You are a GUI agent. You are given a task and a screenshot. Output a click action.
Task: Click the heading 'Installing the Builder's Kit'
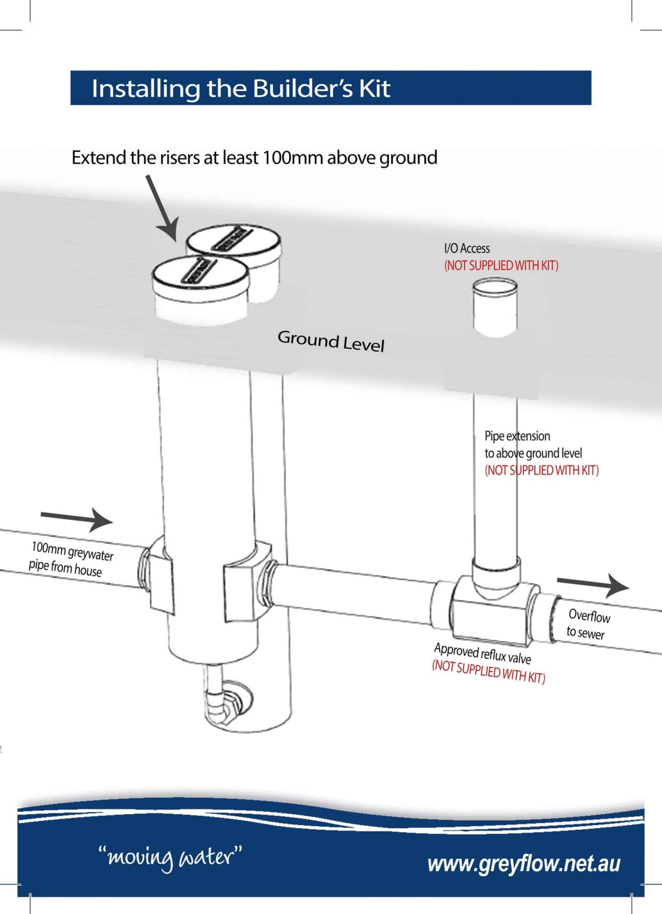(x=241, y=88)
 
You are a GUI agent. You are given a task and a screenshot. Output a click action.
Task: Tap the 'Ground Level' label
(x=331, y=341)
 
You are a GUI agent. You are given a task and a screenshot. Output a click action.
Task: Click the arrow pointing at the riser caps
(x=162, y=208)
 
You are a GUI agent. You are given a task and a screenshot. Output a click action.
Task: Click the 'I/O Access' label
(x=467, y=249)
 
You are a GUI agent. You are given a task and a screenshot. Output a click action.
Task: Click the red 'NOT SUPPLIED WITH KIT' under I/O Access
(x=501, y=266)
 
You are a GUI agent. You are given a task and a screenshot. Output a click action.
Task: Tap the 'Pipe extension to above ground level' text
(x=533, y=445)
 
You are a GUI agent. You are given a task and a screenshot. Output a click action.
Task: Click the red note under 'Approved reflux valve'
(x=488, y=672)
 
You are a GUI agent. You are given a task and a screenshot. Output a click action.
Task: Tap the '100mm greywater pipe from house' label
(x=70, y=559)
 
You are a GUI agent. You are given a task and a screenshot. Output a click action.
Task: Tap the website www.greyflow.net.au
(x=524, y=864)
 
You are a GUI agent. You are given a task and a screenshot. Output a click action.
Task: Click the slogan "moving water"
(x=170, y=857)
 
